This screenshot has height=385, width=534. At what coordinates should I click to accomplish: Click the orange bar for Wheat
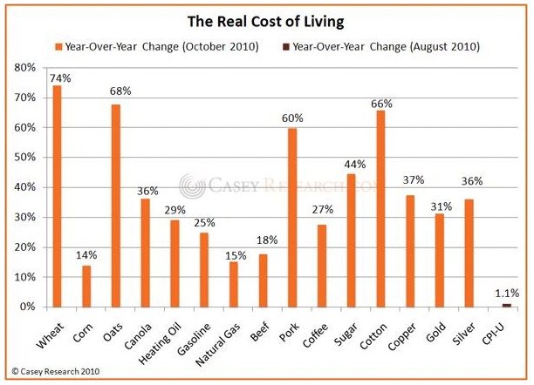click(x=57, y=196)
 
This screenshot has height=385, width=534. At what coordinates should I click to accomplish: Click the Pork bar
click(x=292, y=218)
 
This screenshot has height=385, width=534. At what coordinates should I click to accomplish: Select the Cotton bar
click(x=380, y=208)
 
